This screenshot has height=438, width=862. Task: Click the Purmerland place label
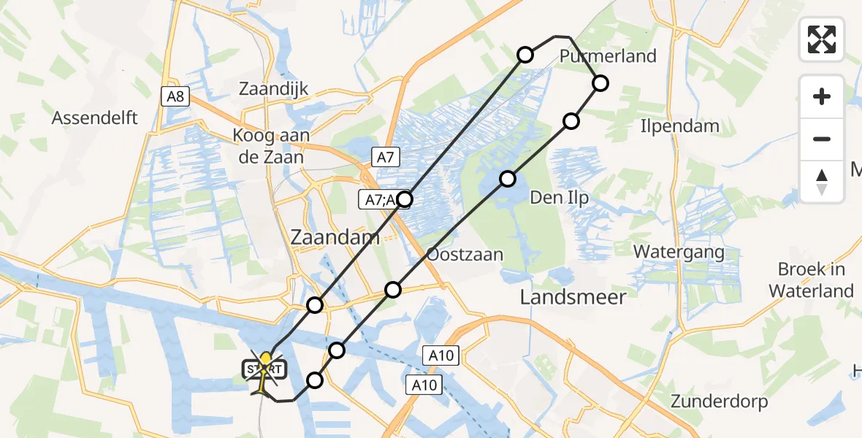[x=608, y=56]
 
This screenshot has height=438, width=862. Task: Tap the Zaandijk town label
[x=274, y=89]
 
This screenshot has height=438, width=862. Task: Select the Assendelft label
[x=94, y=118]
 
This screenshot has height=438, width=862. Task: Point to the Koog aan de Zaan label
[x=271, y=145]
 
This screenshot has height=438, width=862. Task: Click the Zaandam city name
[x=335, y=237]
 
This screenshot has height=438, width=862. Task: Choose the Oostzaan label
[x=465, y=255]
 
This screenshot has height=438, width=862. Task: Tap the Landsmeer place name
[x=573, y=296]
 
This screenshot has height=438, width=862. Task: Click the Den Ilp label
[x=559, y=197]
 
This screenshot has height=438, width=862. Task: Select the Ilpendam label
[x=679, y=126]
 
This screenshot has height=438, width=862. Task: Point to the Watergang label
[x=679, y=253]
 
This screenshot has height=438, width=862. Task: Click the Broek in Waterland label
[x=811, y=280]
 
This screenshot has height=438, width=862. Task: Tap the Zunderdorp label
[x=719, y=401]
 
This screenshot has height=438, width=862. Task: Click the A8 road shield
[x=175, y=95]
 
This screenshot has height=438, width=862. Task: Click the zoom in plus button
[x=822, y=96]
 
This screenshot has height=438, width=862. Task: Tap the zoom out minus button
[x=822, y=139]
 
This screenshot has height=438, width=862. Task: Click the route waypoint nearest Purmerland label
[x=600, y=83]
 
